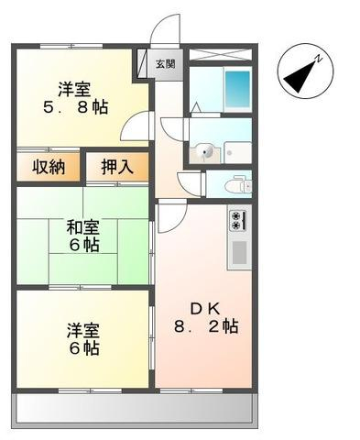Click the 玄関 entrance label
tap(165, 64)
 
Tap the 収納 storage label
tap(49, 167)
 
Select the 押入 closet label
tap(117, 167)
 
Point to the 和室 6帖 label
tap(83, 236)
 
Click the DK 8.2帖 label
tap(206, 317)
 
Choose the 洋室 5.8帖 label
tap(76, 98)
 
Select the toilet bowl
tap(238, 185)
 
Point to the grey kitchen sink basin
tap(239, 253)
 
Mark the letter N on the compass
tap(319, 59)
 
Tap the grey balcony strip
tap(135, 409)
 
